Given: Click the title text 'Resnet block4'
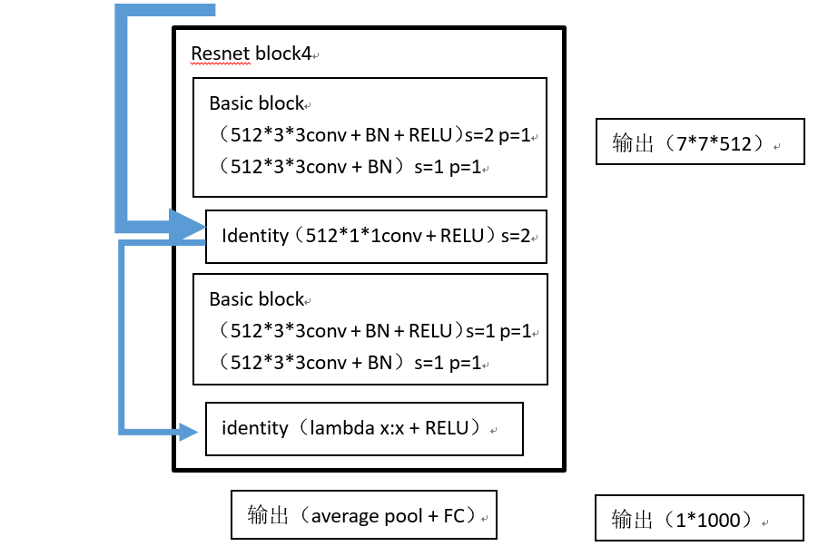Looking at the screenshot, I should pyautogui.click(x=250, y=54).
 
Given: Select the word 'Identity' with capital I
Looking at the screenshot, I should pyautogui.click(x=254, y=236).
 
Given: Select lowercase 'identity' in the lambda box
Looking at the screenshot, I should pyautogui.click(x=254, y=427).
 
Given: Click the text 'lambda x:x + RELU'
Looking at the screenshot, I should pyautogui.click(x=396, y=427).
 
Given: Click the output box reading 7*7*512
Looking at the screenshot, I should pyautogui.click(x=699, y=141).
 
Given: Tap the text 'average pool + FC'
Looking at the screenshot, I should pyautogui.click(x=388, y=516).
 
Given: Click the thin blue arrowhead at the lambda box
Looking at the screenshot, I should pyautogui.click(x=189, y=432).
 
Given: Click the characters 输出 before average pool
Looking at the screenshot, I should pyautogui.click(x=269, y=516).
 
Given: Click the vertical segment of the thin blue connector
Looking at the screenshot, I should pyautogui.click(x=123, y=336).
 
